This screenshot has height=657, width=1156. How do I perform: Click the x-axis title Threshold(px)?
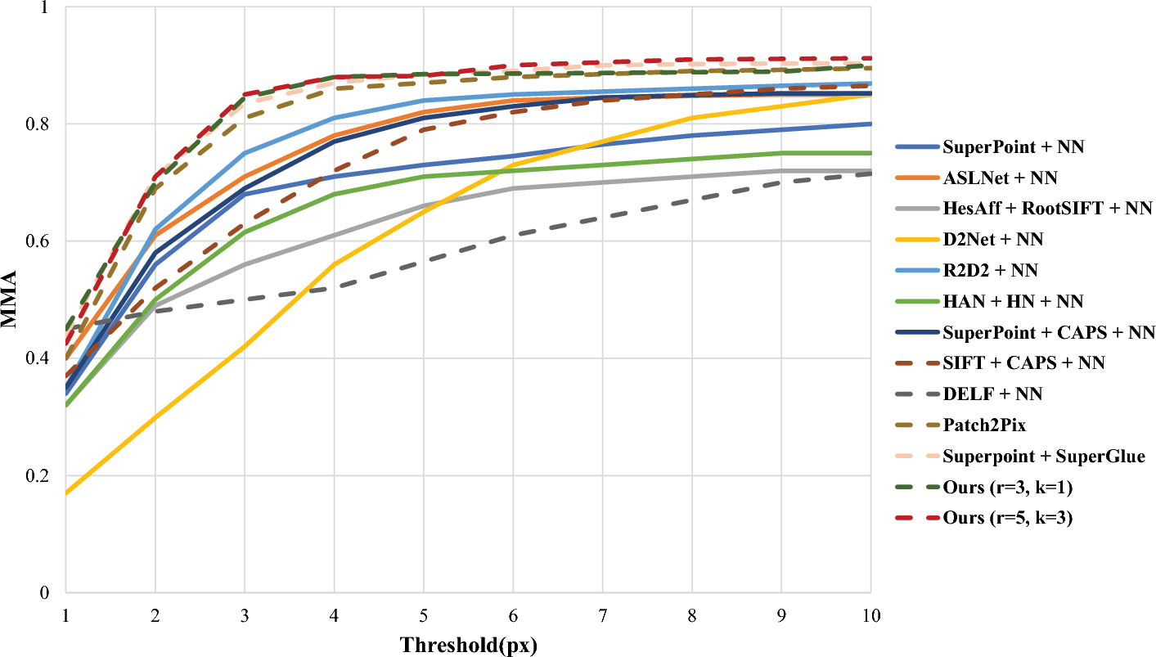pos(468,645)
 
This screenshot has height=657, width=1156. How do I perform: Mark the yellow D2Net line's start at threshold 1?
pos(66,493)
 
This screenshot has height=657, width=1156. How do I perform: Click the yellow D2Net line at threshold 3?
pos(245,346)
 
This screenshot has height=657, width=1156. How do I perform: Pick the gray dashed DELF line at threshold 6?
pos(513,236)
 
